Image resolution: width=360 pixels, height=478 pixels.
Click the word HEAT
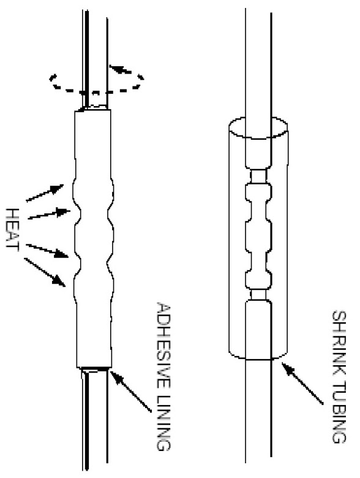13,230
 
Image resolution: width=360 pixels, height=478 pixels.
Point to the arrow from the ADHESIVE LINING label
131,391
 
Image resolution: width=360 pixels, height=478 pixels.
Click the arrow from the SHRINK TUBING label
302,384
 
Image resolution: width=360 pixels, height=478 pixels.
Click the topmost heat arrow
45,192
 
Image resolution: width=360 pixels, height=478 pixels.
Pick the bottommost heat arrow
45,272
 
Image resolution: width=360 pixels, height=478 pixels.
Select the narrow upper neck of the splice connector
259,175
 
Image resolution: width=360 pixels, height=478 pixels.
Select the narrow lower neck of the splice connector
259,294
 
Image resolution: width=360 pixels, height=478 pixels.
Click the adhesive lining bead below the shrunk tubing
95,370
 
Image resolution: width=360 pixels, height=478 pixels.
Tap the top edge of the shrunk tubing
93,110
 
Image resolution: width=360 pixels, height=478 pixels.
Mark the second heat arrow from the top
49,213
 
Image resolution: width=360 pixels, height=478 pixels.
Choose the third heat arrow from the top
47,251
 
